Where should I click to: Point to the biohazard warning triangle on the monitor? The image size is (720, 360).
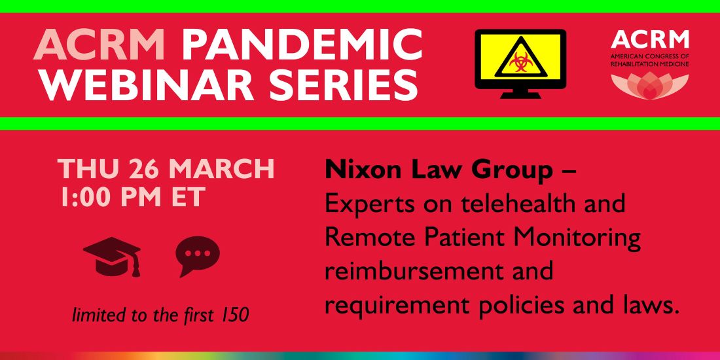pyautogui.click(x=520, y=61)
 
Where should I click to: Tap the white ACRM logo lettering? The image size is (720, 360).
pyautogui.click(x=649, y=40)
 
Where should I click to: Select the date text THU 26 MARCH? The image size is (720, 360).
pyautogui.click(x=166, y=168)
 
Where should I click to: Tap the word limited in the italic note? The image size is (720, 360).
pyautogui.click(x=94, y=315)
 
